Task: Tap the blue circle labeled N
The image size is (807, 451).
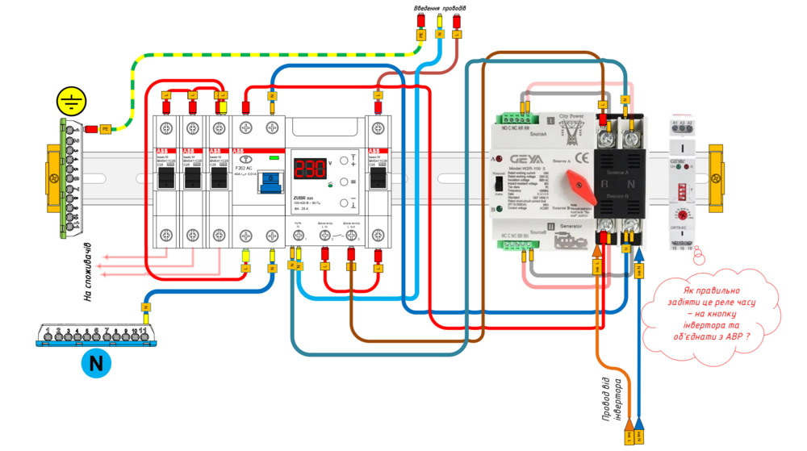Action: (96, 364)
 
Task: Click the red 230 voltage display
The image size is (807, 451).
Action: (308, 169)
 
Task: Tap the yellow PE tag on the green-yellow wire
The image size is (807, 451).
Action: (105, 128)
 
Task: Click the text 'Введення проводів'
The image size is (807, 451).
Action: (440, 9)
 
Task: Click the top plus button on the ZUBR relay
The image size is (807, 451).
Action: (345, 159)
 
